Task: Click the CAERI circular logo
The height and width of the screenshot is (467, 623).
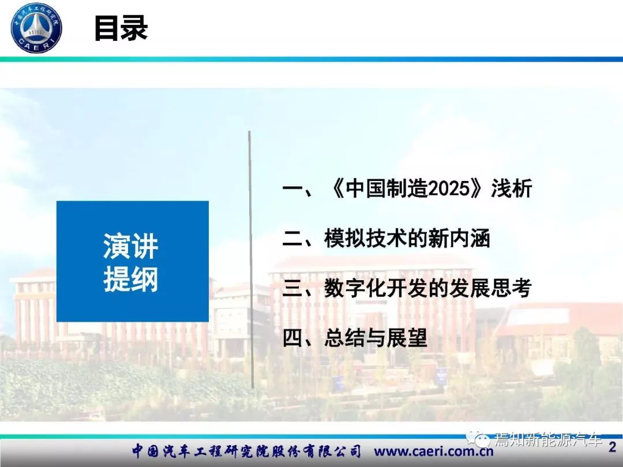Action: tap(36, 28)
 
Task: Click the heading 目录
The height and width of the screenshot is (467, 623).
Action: tap(121, 28)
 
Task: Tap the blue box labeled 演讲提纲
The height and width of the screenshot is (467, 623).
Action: tap(132, 261)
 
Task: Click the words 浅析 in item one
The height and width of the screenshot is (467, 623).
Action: tap(512, 188)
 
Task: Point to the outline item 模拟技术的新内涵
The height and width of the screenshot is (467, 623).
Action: tap(407, 238)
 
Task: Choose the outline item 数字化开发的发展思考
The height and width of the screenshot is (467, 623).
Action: tap(427, 288)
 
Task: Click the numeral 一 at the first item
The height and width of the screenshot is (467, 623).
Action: tap(292, 188)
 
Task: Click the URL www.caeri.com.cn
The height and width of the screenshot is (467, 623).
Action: tap(433, 451)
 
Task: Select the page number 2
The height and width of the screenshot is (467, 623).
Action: tap(612, 447)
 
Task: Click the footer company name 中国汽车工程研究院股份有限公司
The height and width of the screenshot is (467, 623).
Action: tap(246, 451)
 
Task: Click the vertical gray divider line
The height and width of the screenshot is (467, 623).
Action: tap(251, 259)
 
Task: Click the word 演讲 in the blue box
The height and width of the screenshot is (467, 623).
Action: tap(131, 246)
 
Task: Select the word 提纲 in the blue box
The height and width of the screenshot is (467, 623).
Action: tap(131, 279)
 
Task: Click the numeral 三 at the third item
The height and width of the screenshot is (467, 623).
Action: tap(292, 288)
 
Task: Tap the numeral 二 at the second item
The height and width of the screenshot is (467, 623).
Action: tap(292, 238)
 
